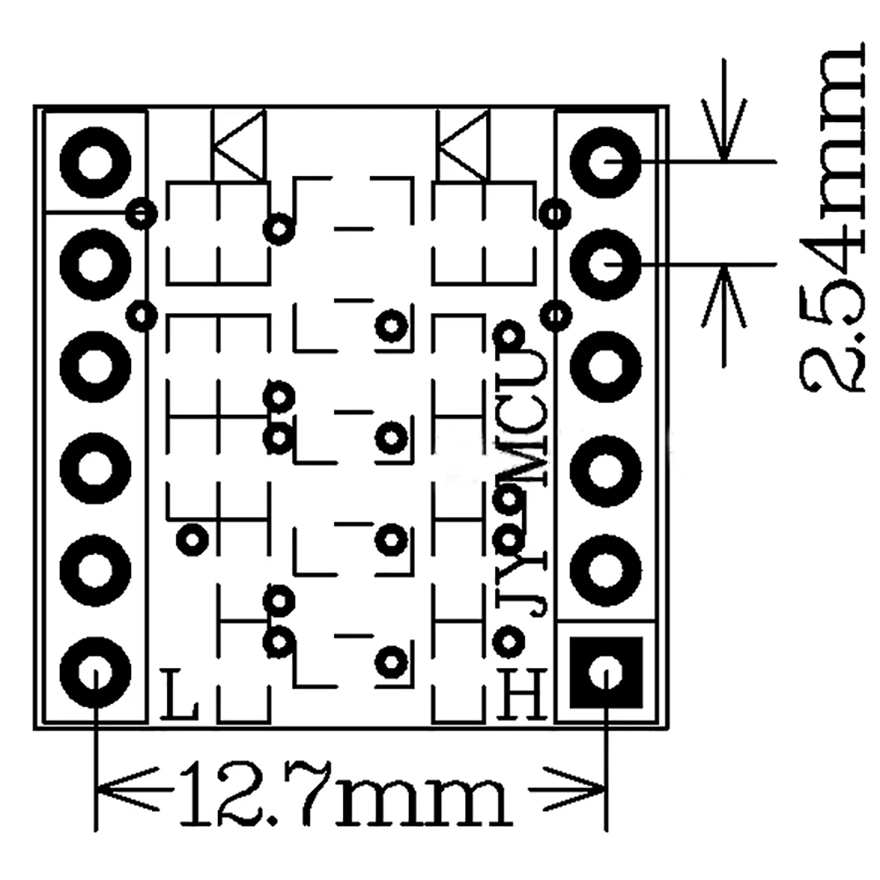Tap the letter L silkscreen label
point(179,695)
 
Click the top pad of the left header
point(94,162)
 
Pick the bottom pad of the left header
point(94,673)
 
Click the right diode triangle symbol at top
point(462,145)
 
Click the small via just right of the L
point(193,537)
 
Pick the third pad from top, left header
point(94,363)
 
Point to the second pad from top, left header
point(94,261)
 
